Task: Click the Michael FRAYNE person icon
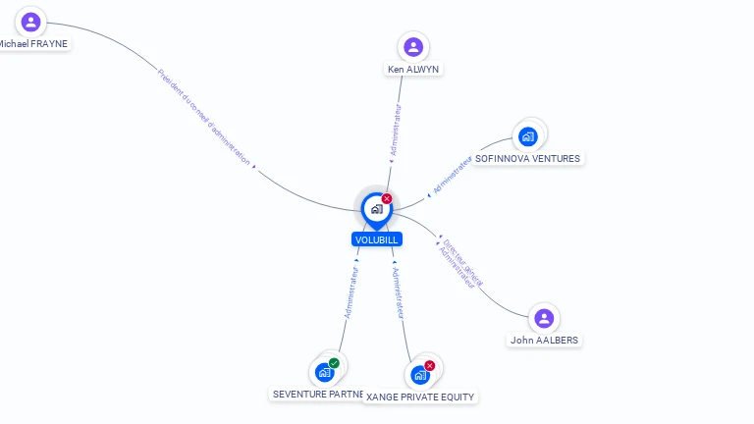click(x=31, y=22)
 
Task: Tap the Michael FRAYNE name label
click(x=33, y=44)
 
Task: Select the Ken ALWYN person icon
click(x=413, y=46)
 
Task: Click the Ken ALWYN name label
click(x=413, y=70)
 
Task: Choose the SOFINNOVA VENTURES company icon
click(x=528, y=135)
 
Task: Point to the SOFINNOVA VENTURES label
click(x=527, y=158)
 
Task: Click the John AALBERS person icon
click(x=544, y=318)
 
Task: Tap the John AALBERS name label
click(x=544, y=341)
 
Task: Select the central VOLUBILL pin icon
click(x=376, y=208)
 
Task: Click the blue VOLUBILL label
click(x=376, y=238)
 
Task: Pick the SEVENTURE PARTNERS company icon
click(x=324, y=372)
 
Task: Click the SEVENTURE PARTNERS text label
click(x=317, y=394)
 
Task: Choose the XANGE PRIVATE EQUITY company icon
click(x=420, y=375)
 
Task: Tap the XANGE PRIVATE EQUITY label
click(x=420, y=397)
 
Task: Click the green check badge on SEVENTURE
click(x=334, y=363)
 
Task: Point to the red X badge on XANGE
click(x=430, y=366)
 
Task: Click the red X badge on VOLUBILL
click(x=387, y=198)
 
